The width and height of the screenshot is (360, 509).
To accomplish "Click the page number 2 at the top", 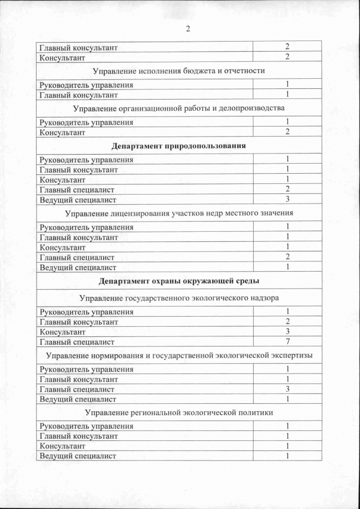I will [188, 29].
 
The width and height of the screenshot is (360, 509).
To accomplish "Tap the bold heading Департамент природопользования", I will [179, 146].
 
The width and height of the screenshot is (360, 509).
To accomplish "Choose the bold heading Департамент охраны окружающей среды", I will [179, 280].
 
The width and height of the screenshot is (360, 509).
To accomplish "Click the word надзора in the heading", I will [264, 298].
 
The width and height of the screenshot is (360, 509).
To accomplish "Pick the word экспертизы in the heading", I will [289, 355].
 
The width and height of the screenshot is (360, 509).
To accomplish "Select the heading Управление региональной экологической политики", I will [179, 413].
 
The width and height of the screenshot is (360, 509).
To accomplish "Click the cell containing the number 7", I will [287, 341].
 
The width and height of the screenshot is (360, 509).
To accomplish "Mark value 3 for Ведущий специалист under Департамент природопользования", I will [287, 199].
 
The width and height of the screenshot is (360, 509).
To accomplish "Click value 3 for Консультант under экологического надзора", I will [287, 332].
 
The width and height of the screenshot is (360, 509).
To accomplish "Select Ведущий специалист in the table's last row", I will [78, 456].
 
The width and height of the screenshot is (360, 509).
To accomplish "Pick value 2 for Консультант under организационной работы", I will [287, 132].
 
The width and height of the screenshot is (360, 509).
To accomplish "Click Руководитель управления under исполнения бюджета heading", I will [86, 85].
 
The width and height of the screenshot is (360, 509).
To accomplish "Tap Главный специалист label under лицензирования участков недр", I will [76, 257].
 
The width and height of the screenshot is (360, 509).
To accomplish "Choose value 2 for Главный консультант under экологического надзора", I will [287, 322].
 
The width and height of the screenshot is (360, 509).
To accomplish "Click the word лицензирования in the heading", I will [145, 213].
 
